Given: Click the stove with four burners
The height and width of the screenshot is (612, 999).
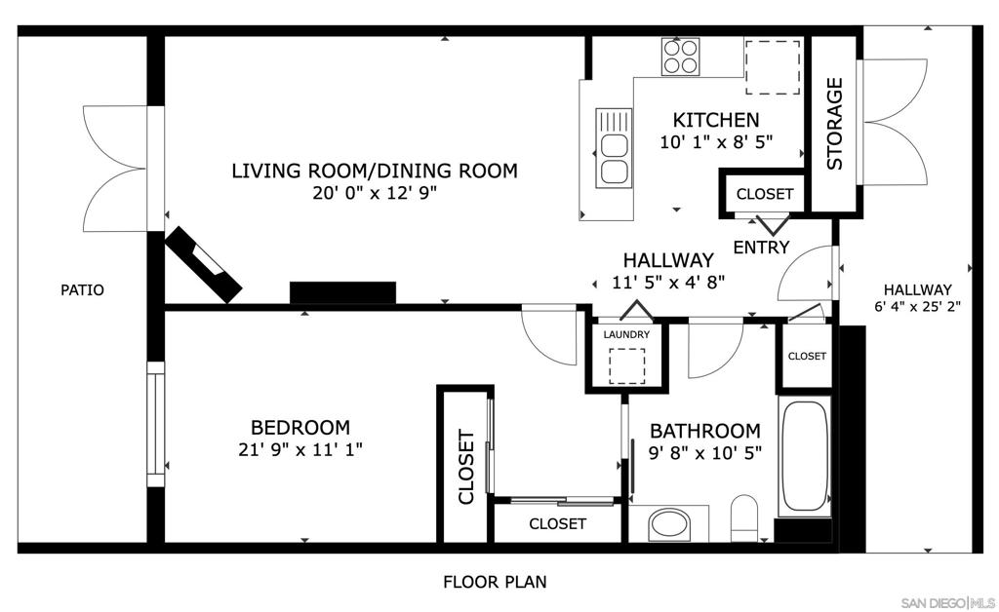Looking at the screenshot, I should (x=679, y=56).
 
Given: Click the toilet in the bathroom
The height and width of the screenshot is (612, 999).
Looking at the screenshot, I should (x=744, y=516).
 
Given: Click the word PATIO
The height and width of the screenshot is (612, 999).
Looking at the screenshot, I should (x=82, y=289).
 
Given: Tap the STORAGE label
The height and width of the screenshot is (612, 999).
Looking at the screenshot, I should (x=835, y=124).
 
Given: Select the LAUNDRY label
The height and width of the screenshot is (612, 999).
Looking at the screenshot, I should (x=626, y=334).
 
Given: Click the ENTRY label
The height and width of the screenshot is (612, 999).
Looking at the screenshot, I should (x=761, y=248).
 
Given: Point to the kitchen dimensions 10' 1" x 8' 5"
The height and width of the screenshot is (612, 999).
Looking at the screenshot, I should (x=716, y=141).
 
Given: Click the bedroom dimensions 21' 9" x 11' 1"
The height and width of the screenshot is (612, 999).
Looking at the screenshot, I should (x=300, y=449).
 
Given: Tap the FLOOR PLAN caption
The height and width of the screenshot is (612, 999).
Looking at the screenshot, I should (x=495, y=583).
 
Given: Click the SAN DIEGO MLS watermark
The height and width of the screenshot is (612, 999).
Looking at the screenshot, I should (x=946, y=600).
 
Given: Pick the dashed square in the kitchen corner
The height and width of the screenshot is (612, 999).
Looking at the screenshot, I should (x=773, y=67).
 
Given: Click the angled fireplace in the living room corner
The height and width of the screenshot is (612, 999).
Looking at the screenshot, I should (x=204, y=266).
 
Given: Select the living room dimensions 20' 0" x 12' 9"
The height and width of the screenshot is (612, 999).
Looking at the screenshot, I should (x=375, y=192).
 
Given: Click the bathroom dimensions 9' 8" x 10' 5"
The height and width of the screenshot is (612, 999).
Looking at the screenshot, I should (x=705, y=452).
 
